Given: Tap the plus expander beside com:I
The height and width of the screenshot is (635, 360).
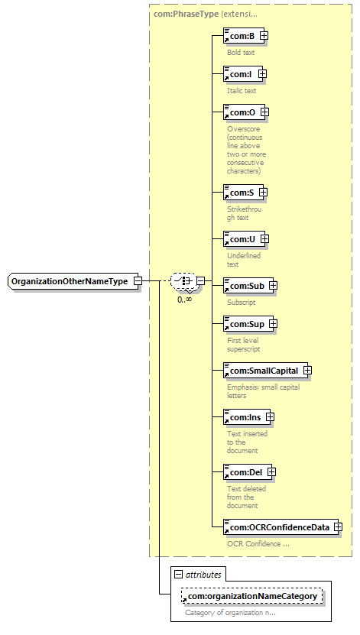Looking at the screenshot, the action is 262,73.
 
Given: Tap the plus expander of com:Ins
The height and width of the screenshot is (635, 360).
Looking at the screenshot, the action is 270,416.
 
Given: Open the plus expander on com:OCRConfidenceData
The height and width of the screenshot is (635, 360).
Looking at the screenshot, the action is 338,526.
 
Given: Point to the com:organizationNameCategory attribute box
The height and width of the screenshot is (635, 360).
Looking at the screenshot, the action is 252,596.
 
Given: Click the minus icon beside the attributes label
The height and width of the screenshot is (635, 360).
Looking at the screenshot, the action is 178,575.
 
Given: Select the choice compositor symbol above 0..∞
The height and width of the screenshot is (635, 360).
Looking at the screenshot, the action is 183,280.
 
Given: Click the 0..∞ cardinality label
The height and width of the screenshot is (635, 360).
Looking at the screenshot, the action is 185,300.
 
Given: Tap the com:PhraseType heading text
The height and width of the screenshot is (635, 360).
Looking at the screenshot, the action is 186,14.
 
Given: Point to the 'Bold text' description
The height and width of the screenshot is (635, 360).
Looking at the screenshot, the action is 241,52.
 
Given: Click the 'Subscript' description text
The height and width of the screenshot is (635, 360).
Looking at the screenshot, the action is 242,302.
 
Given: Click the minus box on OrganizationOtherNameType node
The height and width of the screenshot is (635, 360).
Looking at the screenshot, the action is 138,280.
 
